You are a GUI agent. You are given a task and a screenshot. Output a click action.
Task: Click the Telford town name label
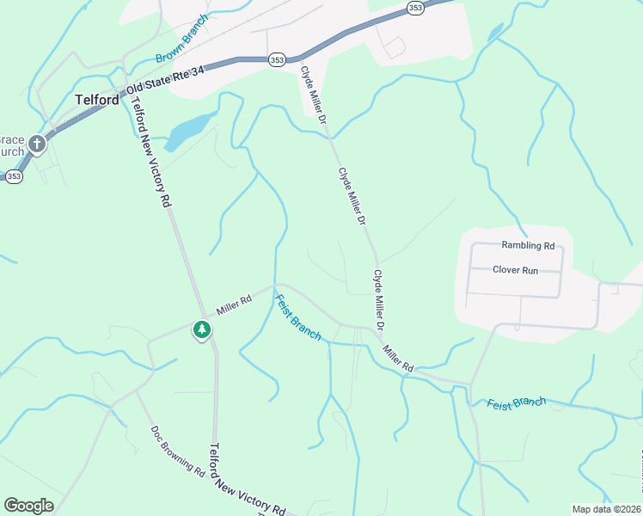coord(96,100)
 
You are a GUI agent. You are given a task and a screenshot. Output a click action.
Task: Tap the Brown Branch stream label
coord(182,39)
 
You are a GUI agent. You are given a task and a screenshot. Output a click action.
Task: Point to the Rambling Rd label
coord(528,245)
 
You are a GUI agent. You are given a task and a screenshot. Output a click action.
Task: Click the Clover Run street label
coord(515,270)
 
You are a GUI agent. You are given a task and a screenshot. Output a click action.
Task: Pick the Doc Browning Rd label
coord(177,451)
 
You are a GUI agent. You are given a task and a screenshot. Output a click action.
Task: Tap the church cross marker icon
coord(37,144)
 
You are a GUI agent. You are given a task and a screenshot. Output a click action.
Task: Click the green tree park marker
coord(202,329)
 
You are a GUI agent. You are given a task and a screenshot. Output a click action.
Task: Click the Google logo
coord(28,506)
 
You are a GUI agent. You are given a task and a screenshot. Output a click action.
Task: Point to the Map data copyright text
coord(605,509)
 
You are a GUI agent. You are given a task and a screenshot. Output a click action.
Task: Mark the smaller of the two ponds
coord(495,33)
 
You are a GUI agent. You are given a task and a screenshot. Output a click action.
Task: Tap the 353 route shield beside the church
coord(14,175)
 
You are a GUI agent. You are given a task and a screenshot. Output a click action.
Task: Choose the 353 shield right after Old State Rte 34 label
coord(277,60)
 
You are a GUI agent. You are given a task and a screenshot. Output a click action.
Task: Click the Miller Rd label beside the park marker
coord(233,304)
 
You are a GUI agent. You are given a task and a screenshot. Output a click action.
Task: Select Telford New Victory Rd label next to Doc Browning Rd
coord(248,482)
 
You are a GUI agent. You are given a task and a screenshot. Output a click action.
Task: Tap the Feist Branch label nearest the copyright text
coord(516,402)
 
